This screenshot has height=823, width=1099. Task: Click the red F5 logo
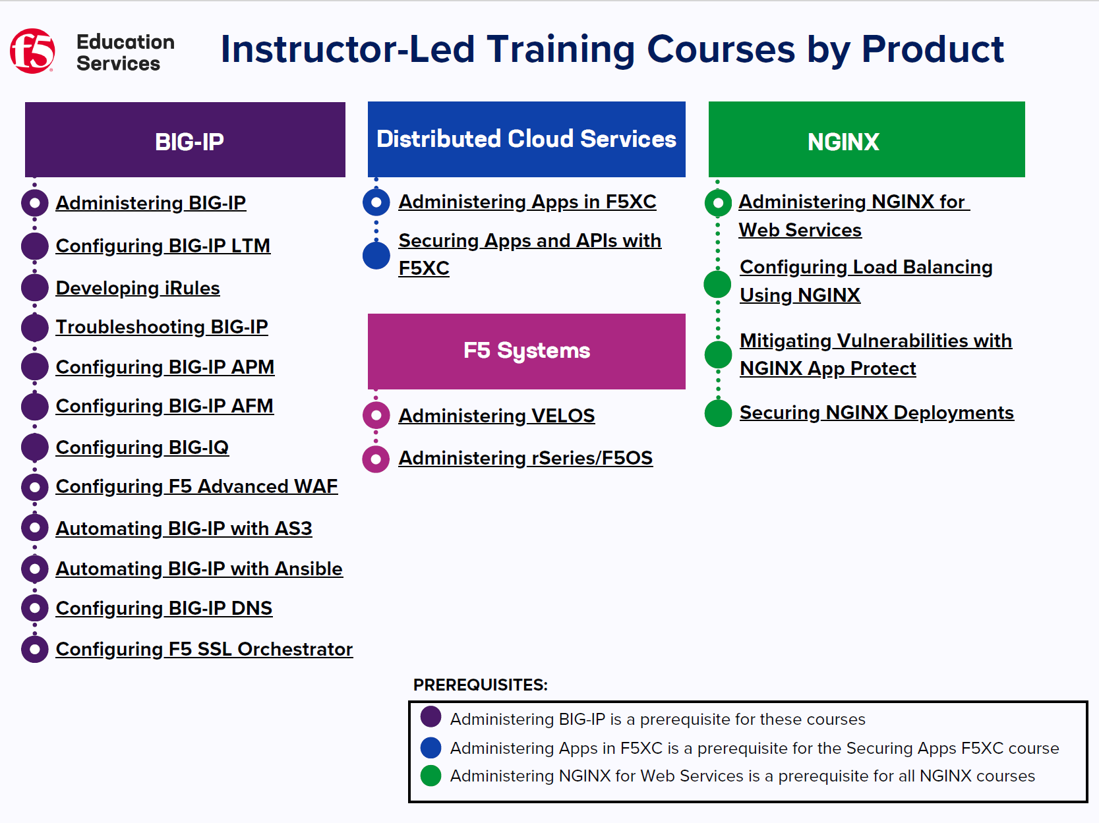click(x=32, y=51)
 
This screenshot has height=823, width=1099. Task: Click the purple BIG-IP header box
click(x=185, y=140)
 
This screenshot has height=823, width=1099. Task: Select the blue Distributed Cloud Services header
click(x=526, y=139)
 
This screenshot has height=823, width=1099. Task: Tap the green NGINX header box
click(x=867, y=139)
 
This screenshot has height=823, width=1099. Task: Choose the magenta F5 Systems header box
click(x=526, y=351)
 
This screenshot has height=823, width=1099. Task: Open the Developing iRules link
click(x=138, y=288)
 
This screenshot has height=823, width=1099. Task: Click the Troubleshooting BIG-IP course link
click(x=162, y=327)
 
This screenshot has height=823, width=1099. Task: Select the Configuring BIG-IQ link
click(x=142, y=447)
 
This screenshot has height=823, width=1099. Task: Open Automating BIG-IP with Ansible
click(x=199, y=569)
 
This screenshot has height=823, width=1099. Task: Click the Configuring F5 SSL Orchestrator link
click(x=204, y=649)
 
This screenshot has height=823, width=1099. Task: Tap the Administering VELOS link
click(x=496, y=416)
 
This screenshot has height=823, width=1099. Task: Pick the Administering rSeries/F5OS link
click(x=525, y=458)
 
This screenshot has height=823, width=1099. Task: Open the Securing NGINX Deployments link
click(x=877, y=412)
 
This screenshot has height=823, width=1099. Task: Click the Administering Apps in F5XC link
click(x=527, y=202)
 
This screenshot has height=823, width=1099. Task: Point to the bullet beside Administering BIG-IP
click(x=34, y=203)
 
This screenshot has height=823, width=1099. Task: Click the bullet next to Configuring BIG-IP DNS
click(x=34, y=608)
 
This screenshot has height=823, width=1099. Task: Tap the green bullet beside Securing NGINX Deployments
click(x=718, y=413)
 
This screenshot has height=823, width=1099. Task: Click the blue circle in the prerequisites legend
click(x=431, y=747)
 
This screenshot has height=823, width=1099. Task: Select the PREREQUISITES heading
click(x=480, y=685)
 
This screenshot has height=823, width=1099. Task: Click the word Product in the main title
click(x=933, y=49)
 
